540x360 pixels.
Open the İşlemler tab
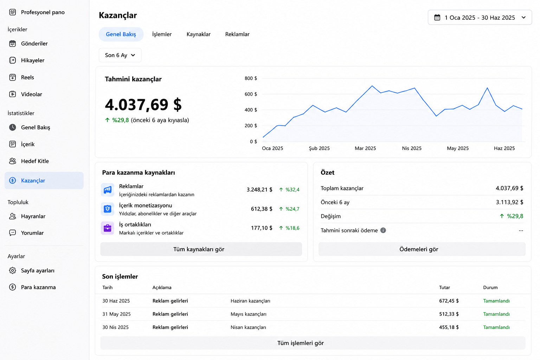pyautogui.click(x=162, y=34)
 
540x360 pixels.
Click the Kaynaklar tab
pyautogui.click(x=198, y=34)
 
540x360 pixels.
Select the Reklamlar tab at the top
pyautogui.click(x=237, y=34)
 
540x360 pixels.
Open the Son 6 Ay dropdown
pyautogui.click(x=120, y=55)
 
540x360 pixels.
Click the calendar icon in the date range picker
pyautogui.click(x=437, y=17)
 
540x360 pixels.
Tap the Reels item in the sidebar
pyautogui.click(x=27, y=77)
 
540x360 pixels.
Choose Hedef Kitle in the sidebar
pyautogui.click(x=35, y=161)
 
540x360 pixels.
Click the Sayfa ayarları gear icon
pyautogui.click(x=13, y=270)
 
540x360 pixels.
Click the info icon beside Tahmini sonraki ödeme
pyautogui.click(x=383, y=230)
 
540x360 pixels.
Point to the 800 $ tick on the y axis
pyautogui.click(x=251, y=78)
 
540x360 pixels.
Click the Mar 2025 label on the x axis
pyautogui.click(x=365, y=148)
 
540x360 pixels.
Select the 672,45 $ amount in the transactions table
pyautogui.click(x=449, y=301)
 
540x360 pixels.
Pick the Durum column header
pyautogui.click(x=490, y=288)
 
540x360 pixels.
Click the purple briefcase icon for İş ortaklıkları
pyautogui.click(x=108, y=228)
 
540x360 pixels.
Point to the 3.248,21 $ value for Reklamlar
pyautogui.click(x=259, y=189)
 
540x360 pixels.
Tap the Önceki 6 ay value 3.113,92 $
pyautogui.click(x=509, y=202)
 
